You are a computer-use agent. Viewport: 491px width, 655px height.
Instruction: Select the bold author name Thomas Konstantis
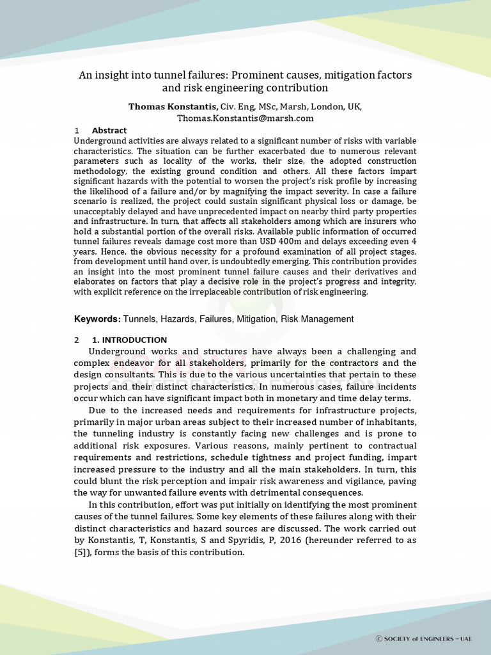(x=173, y=106)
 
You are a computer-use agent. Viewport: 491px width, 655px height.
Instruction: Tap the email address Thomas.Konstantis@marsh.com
(x=245, y=118)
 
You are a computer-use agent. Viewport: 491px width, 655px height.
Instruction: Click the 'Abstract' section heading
(x=109, y=130)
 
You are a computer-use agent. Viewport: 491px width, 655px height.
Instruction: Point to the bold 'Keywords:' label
(x=97, y=319)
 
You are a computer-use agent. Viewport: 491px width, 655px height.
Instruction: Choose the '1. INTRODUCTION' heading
(x=130, y=340)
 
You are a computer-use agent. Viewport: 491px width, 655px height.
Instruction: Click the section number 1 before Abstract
(x=77, y=130)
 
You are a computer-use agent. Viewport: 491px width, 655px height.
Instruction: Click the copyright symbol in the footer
(x=378, y=639)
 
